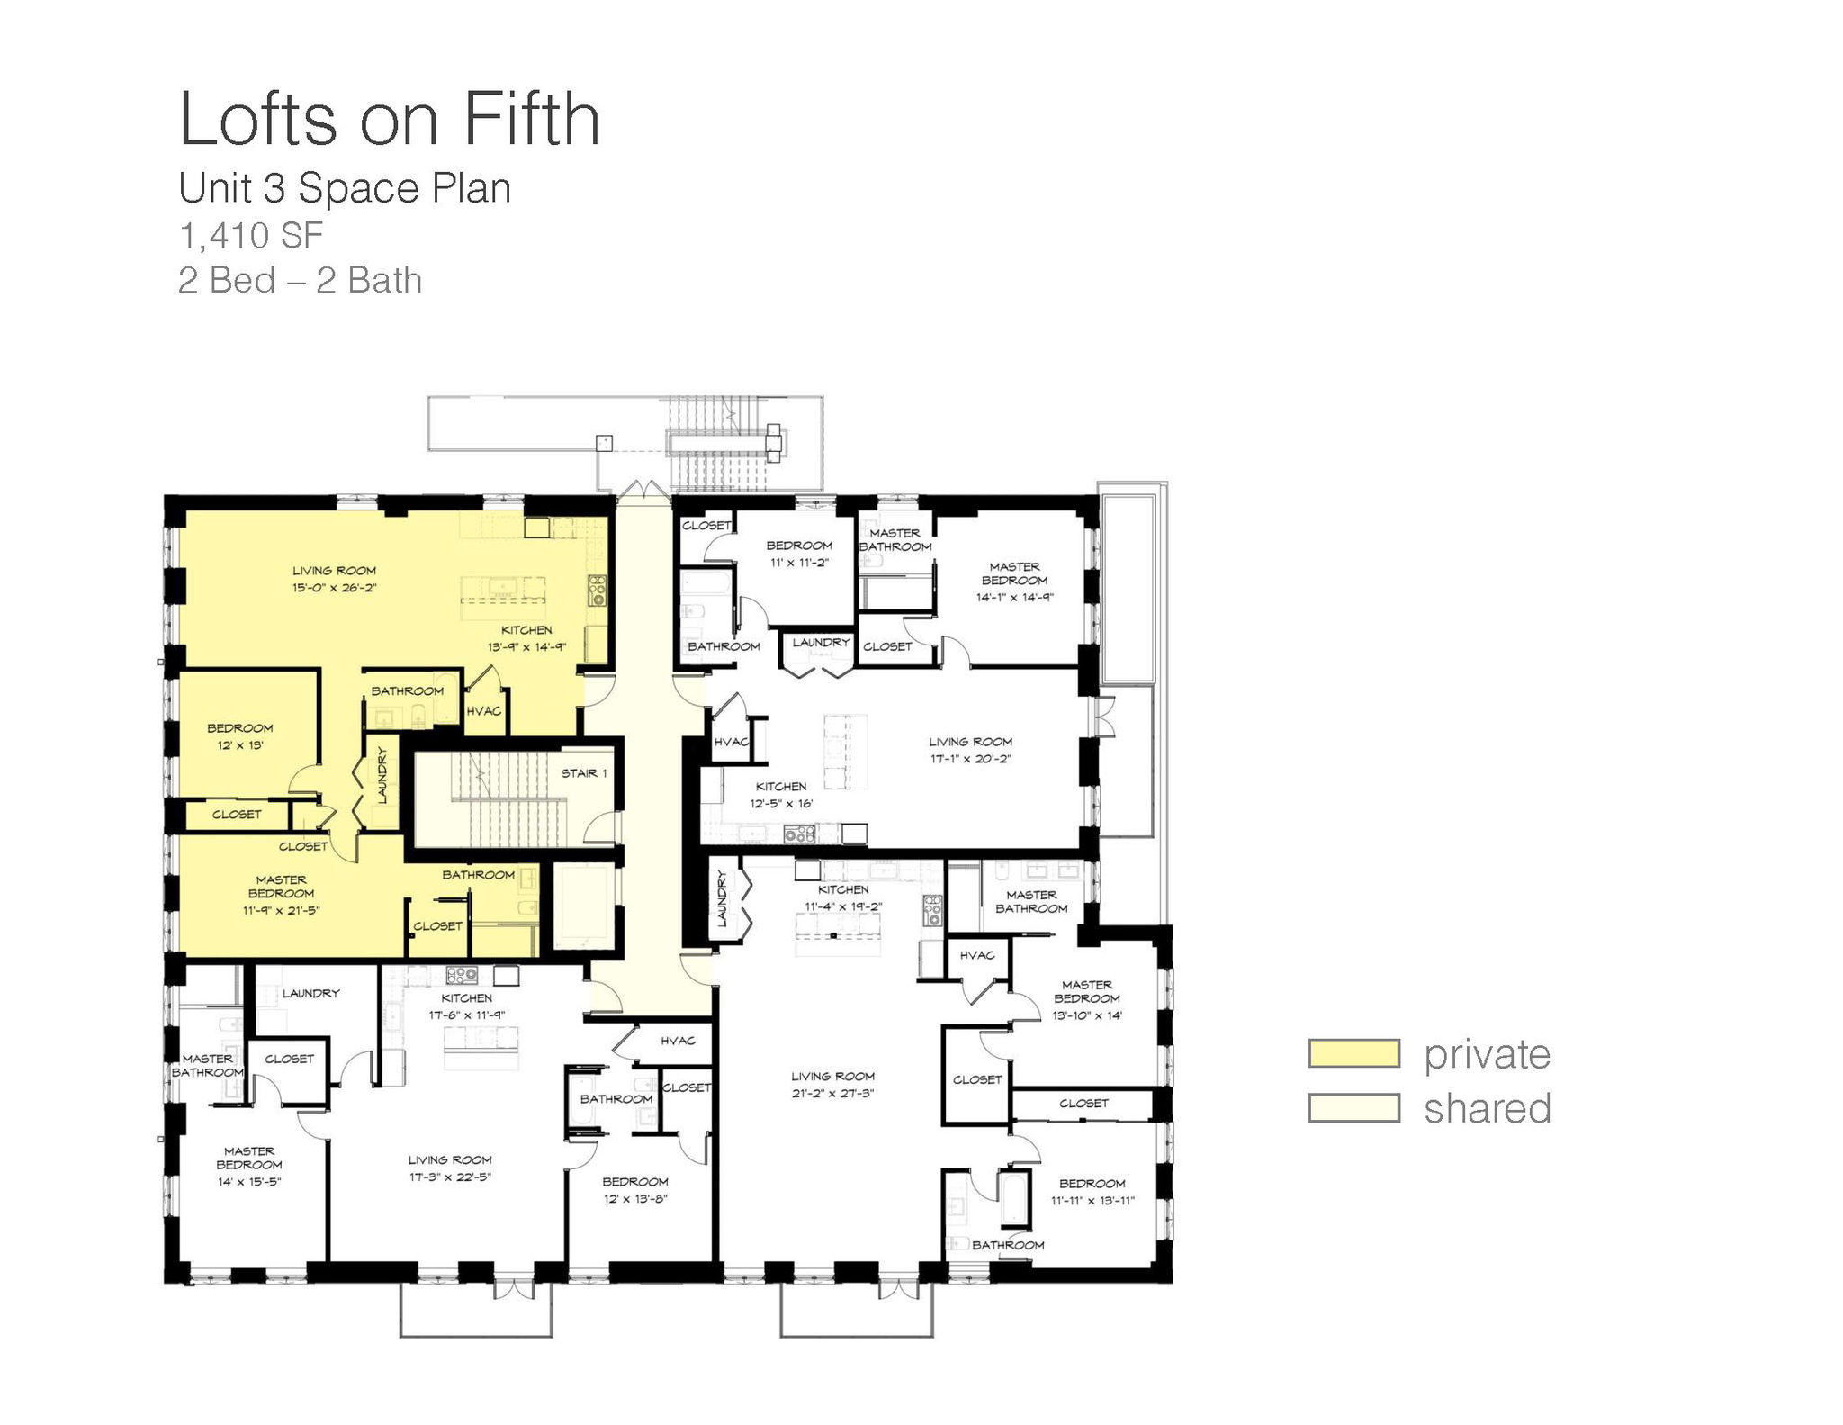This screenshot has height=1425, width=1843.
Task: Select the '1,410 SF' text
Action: click(251, 236)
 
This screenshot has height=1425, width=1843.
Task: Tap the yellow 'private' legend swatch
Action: click(1353, 1053)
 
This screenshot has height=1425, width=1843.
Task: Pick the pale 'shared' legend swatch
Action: click(1353, 1108)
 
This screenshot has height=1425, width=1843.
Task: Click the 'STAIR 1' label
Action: click(584, 773)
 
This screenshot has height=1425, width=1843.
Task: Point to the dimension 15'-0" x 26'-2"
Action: click(334, 588)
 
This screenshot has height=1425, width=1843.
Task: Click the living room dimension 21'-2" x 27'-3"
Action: click(832, 1093)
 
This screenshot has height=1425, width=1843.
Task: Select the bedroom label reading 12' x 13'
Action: click(240, 745)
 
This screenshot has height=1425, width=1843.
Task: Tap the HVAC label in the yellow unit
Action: click(483, 711)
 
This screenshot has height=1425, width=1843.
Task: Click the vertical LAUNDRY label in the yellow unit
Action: click(382, 776)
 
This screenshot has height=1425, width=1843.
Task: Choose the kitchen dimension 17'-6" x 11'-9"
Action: click(467, 1015)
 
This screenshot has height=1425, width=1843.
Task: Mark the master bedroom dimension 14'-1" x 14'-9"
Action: click(1014, 597)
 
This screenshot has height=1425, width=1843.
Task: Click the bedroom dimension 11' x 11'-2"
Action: click(799, 563)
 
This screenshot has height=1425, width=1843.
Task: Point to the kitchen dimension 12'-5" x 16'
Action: click(781, 803)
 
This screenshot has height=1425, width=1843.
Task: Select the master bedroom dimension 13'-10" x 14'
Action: click(1087, 1015)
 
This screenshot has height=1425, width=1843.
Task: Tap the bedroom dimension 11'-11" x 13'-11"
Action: click(1092, 1200)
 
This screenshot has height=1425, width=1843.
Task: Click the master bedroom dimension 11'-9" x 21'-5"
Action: click(281, 910)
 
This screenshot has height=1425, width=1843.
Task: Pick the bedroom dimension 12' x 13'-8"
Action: click(635, 1198)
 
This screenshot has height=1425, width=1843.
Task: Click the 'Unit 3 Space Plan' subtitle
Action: click(345, 188)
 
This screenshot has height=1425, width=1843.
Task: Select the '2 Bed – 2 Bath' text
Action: click(301, 280)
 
